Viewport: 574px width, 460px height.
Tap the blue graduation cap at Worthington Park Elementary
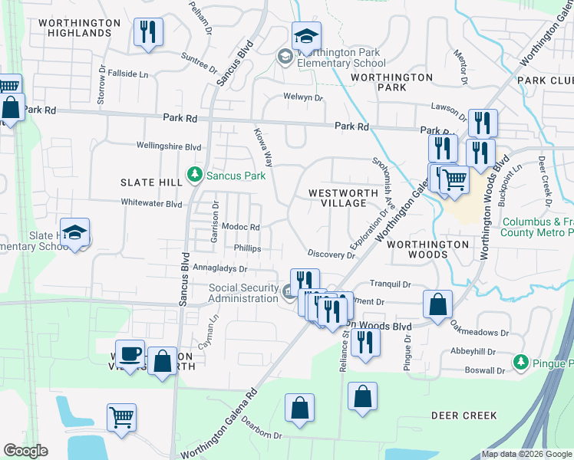click(x=306, y=36)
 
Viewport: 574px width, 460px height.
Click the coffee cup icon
click(x=130, y=353)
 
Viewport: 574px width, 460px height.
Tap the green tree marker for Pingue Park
click(x=521, y=360)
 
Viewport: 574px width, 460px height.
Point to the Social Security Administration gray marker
click(x=287, y=290)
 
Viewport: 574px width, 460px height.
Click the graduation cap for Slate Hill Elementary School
click(x=74, y=232)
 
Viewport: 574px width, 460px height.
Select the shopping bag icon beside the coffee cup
click(x=163, y=362)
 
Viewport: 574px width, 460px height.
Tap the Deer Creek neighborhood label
click(x=463, y=416)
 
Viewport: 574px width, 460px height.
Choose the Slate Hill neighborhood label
click(x=151, y=182)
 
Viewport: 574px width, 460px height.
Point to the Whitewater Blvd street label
click(x=151, y=203)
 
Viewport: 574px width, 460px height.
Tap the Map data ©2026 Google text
click(x=526, y=454)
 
